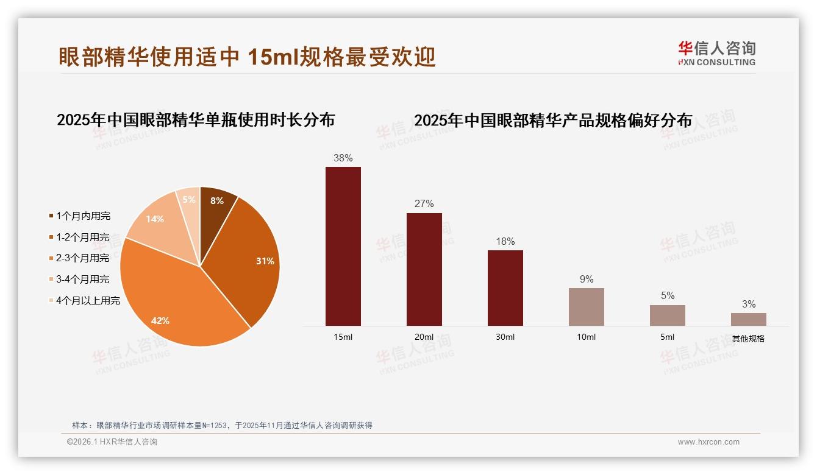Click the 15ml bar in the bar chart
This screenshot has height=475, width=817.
tap(343, 247)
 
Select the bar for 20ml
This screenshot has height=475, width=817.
tap(424, 269)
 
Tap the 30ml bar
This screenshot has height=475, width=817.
tap(505, 288)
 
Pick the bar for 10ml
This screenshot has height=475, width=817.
tap(587, 307)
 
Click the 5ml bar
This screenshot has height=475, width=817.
tap(668, 315)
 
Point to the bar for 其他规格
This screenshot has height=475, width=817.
tap(749, 320)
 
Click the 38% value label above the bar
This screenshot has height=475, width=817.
tap(343, 158)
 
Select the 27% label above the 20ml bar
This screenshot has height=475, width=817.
tap(424, 204)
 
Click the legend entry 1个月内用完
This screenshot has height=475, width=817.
tap(83, 216)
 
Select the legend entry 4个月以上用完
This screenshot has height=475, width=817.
tap(88, 301)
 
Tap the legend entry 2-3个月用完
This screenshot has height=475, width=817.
tap(83, 258)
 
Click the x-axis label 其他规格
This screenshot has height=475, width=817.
tap(749, 339)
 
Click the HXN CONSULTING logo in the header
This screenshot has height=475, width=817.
tap(716, 54)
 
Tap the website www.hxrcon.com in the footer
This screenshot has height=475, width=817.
tap(708, 442)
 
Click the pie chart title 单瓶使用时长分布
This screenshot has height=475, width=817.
tap(196, 120)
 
